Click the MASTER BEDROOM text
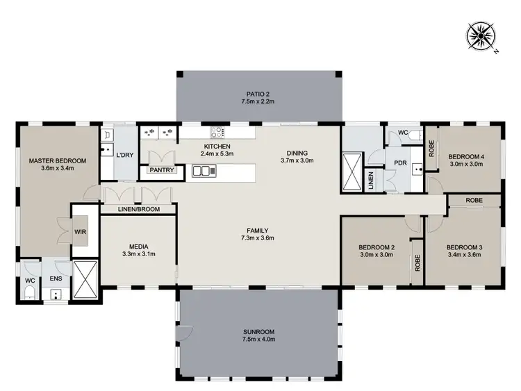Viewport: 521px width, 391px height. click(58, 161)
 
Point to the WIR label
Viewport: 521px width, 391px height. click(81, 232)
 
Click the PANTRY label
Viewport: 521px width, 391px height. click(161, 170)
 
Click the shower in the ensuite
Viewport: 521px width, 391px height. click(83, 279)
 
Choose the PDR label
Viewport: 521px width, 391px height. click(400, 164)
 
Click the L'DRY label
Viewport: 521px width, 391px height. click(125, 154)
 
